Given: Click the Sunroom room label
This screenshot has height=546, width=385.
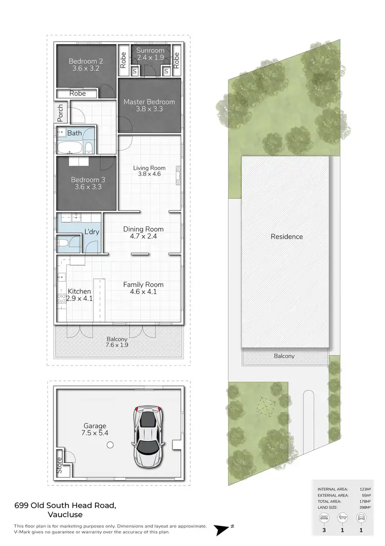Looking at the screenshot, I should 150,50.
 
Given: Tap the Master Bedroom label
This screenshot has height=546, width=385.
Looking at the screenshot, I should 149,102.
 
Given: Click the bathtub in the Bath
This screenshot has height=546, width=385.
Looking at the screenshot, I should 69,148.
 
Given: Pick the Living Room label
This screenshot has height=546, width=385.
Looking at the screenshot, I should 149,168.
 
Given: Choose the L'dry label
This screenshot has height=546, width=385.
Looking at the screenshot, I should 91,232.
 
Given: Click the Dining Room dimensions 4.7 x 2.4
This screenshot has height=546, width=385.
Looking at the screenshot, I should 143,237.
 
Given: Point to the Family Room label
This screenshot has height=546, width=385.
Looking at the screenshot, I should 143,284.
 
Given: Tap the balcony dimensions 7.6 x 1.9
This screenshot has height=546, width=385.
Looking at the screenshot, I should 118,345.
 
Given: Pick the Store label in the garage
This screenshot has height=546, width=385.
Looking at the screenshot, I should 59,465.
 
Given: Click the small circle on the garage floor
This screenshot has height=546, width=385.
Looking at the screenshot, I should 110,445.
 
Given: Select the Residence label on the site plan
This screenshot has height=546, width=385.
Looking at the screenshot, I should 286,237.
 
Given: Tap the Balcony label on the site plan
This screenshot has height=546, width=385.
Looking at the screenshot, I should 284,356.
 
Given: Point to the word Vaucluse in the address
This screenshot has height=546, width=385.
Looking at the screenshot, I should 65,515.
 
